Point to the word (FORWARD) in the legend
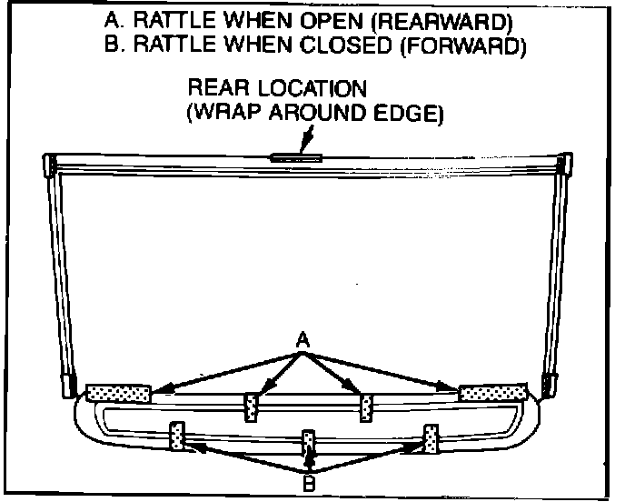(462, 45)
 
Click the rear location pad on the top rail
(296, 157)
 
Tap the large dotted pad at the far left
(118, 393)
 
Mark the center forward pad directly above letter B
(309, 441)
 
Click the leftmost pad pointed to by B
(179, 436)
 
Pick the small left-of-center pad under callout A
(253, 408)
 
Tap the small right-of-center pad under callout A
(366, 408)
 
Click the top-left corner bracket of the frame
(51, 165)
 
